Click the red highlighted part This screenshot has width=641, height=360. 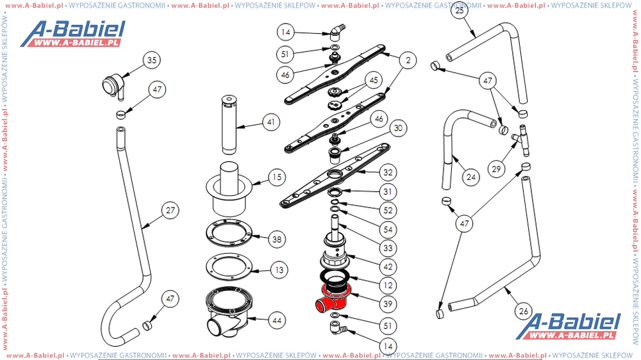333,296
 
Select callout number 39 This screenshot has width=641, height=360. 387,304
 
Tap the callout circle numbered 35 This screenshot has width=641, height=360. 151,61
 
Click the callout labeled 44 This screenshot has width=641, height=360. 276,319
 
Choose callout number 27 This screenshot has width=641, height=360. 171,210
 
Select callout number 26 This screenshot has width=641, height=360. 524,312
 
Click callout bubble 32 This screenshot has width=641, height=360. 387,172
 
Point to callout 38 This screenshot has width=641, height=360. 276,240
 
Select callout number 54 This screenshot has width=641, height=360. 387,229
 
